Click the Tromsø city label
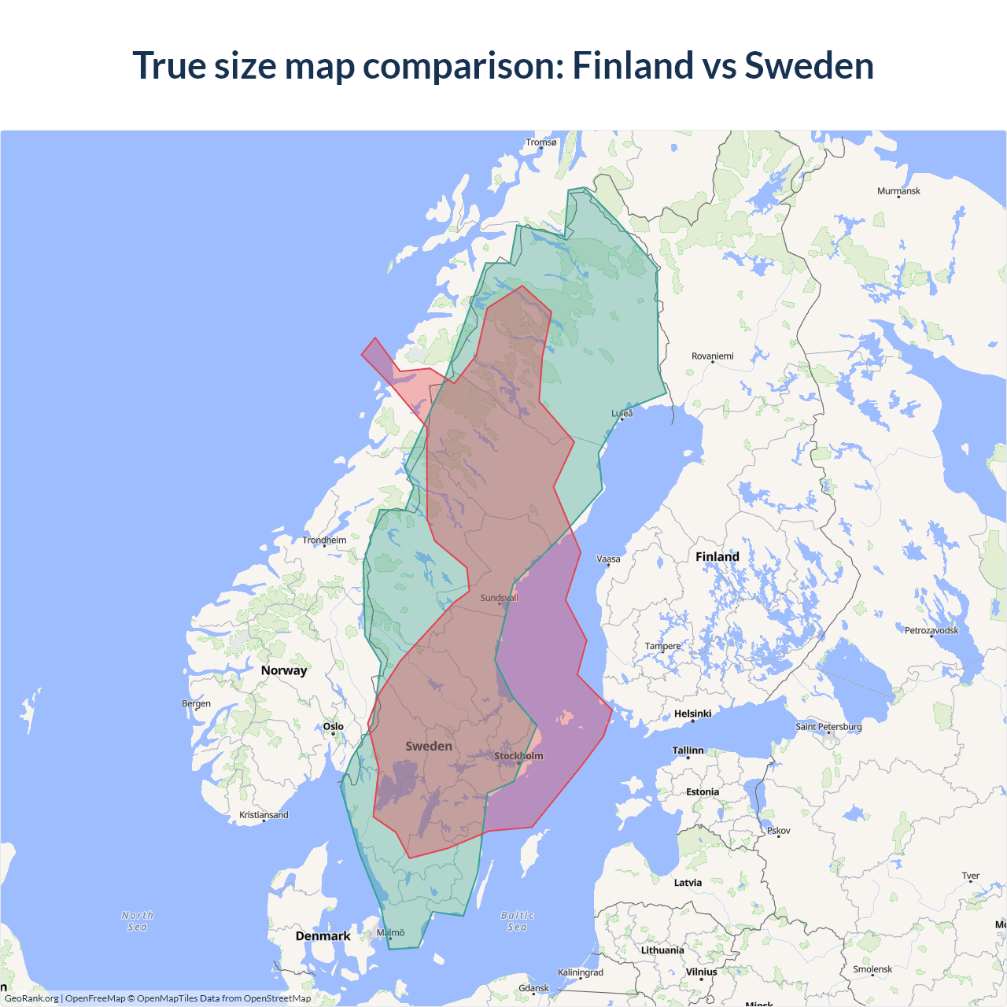click(x=540, y=142)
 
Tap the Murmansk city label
click(x=898, y=191)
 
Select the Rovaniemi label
click(x=712, y=356)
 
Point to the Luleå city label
click(x=622, y=413)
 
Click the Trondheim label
click(x=324, y=540)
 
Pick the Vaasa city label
click(x=608, y=559)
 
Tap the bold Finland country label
click(x=717, y=557)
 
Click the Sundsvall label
click(x=499, y=598)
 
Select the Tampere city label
click(x=662, y=646)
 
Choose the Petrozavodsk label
click(x=931, y=630)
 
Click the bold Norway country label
click(x=284, y=670)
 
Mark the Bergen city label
click(x=196, y=703)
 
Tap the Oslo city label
click(x=334, y=726)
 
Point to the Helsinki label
click(x=692, y=714)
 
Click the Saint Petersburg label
click(x=828, y=726)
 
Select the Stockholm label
click(x=518, y=756)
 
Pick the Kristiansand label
click(x=264, y=815)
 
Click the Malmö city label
click(x=390, y=932)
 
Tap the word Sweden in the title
click(x=809, y=65)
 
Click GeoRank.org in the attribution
click(x=31, y=998)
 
